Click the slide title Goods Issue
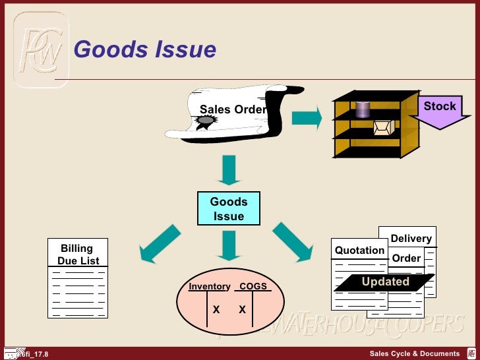click(x=144, y=49)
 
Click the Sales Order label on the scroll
click(x=233, y=109)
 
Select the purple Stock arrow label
click(x=438, y=106)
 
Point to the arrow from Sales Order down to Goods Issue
click(x=229, y=169)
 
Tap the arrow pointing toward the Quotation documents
click(x=293, y=241)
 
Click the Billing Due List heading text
click(x=77, y=255)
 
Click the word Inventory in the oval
click(x=209, y=287)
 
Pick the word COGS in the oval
click(x=253, y=287)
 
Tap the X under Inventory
click(x=216, y=309)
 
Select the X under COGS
click(x=242, y=309)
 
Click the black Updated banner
click(x=385, y=282)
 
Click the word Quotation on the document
click(x=359, y=251)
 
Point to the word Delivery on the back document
click(x=411, y=239)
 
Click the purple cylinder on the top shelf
click(x=363, y=109)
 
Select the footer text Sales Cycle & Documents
click(x=414, y=354)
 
